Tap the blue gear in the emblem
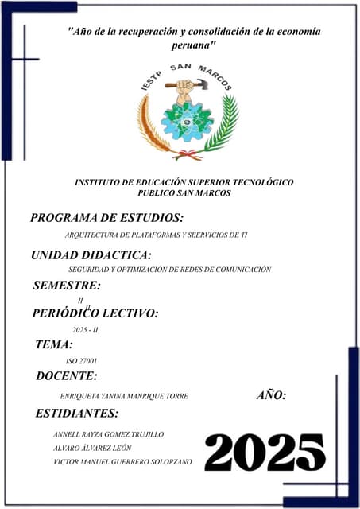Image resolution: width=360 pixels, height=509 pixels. click(x=187, y=120)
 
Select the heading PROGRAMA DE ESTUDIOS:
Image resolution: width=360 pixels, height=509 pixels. click(x=106, y=217)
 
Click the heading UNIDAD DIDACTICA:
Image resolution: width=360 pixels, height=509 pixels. click(x=91, y=255)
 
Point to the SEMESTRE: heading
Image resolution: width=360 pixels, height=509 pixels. click(x=67, y=286)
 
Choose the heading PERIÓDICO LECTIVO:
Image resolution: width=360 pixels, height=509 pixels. click(x=95, y=313)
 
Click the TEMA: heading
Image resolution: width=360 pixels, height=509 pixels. click(x=54, y=344)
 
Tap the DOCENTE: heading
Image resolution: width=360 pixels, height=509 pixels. click(x=67, y=376)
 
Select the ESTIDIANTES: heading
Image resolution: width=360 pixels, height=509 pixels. click(x=77, y=413)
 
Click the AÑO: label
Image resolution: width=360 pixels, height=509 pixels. click(x=272, y=395)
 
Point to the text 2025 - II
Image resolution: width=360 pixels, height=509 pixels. click(x=84, y=329)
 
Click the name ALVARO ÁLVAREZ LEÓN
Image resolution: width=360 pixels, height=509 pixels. click(x=91, y=448)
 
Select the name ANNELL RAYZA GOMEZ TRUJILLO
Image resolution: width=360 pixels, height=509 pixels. click(x=108, y=434)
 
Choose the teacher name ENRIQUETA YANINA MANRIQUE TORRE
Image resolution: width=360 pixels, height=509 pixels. click(x=118, y=396)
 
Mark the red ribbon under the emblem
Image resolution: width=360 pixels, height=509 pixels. click(x=188, y=154)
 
